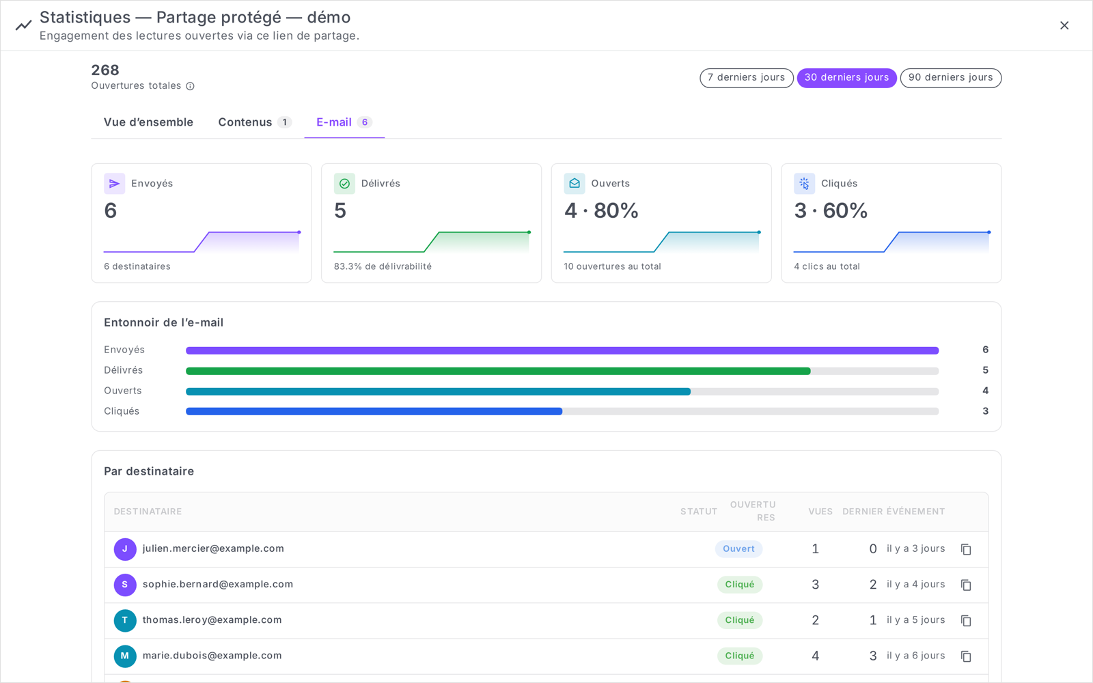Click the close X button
pos(1064,25)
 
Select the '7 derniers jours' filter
pos(746,78)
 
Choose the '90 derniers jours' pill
pos(950,78)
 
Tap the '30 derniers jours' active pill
pos(846,78)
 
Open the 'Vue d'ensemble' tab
pos(148,122)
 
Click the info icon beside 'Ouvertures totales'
pos(191,86)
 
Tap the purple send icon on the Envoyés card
pos(114,184)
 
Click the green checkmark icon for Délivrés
pos(344,184)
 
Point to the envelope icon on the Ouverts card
pos(575,184)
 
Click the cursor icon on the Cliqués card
pos(804,184)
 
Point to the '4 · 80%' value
pos(601,211)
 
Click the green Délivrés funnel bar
pos(498,372)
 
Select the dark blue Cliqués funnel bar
pos(374,411)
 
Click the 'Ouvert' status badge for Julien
pos(738,549)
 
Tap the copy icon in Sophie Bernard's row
pos(966,585)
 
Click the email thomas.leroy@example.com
pos(212,619)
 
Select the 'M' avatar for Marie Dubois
pos(125,656)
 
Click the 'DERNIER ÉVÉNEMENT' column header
pos(894,512)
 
